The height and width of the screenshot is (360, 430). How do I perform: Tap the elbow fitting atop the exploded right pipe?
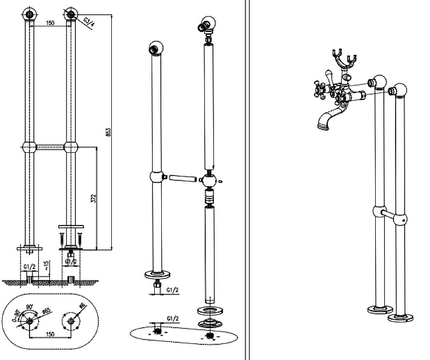[205, 27]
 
